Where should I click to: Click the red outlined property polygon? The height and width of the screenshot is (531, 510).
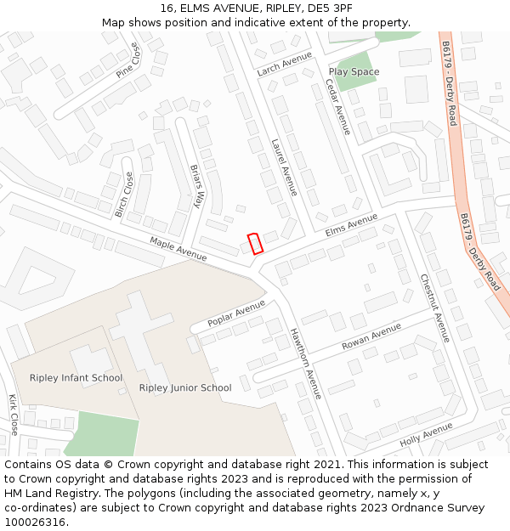click(x=255, y=243)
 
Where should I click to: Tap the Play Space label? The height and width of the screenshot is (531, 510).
click(x=354, y=72)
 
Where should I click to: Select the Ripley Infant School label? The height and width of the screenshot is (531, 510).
click(x=76, y=378)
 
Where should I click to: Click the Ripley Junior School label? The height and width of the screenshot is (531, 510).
click(x=185, y=388)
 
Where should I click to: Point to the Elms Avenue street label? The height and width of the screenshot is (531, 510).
click(x=351, y=225)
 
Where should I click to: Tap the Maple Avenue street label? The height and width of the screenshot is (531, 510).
click(x=178, y=249)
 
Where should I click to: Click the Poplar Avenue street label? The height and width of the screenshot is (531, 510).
click(x=236, y=314)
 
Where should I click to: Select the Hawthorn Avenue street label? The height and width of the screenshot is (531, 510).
click(x=306, y=363)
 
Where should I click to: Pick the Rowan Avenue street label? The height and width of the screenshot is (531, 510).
click(x=371, y=337)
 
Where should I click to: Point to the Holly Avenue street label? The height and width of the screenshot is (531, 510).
click(x=426, y=437)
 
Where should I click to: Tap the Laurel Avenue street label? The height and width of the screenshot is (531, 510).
click(x=284, y=167)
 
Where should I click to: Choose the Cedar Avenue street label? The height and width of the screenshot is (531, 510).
click(x=337, y=107)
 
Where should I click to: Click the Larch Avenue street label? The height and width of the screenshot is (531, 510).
click(x=285, y=63)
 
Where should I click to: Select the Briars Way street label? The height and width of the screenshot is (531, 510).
click(x=198, y=186)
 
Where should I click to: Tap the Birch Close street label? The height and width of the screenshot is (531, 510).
click(x=124, y=195)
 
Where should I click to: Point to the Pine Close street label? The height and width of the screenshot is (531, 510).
click(x=128, y=61)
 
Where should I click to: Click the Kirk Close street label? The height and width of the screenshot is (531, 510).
click(x=13, y=415)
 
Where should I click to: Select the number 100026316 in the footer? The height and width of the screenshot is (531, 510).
click(x=36, y=523)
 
